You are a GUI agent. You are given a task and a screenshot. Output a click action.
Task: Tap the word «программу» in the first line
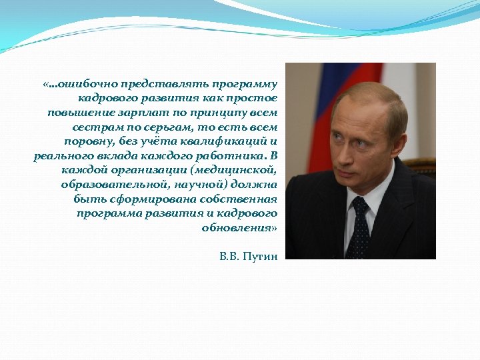click(245, 84)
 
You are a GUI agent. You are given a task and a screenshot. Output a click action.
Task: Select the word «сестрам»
click(95, 126)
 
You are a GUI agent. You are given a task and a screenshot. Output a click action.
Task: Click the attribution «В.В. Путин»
click(248, 255)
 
